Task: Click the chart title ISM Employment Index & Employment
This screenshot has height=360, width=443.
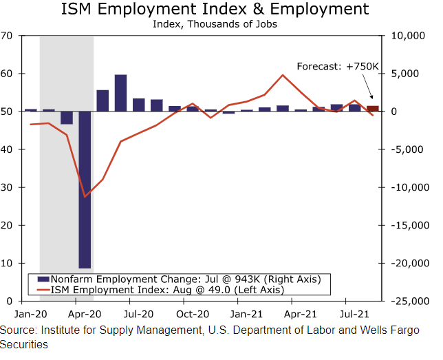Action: pyautogui.click(x=215, y=10)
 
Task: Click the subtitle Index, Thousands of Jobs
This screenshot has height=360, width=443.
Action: pyautogui.click(x=215, y=24)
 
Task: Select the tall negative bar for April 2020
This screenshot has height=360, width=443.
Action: pyautogui.click(x=85, y=189)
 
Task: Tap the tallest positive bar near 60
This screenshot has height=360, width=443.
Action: pyautogui.click(x=120, y=92)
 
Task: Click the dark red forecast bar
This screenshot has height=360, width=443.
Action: pyautogui.click(x=372, y=108)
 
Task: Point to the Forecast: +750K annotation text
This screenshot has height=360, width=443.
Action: pyautogui.click(x=338, y=66)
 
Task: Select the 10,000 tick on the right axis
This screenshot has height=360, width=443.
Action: pyautogui.click(x=410, y=36)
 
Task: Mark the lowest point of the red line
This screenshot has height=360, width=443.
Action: pyautogui.click(x=85, y=197)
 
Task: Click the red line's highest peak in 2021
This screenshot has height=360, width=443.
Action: pyautogui.click(x=283, y=75)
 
